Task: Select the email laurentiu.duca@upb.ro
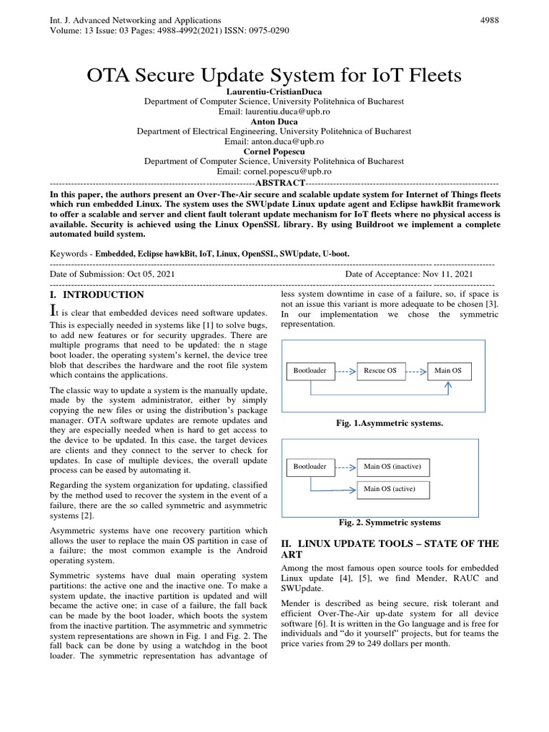pos(274,112)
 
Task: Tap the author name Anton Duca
pos(274,122)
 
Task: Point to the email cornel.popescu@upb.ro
pos(274,172)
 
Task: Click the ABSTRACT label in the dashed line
pos(274,182)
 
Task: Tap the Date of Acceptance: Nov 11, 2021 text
pos(409,274)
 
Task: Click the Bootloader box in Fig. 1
pos(310,370)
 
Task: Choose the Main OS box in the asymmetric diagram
pos(449,370)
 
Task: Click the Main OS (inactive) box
pos(392,467)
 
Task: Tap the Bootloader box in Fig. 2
pos(310,467)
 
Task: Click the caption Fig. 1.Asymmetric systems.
pos(390,424)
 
